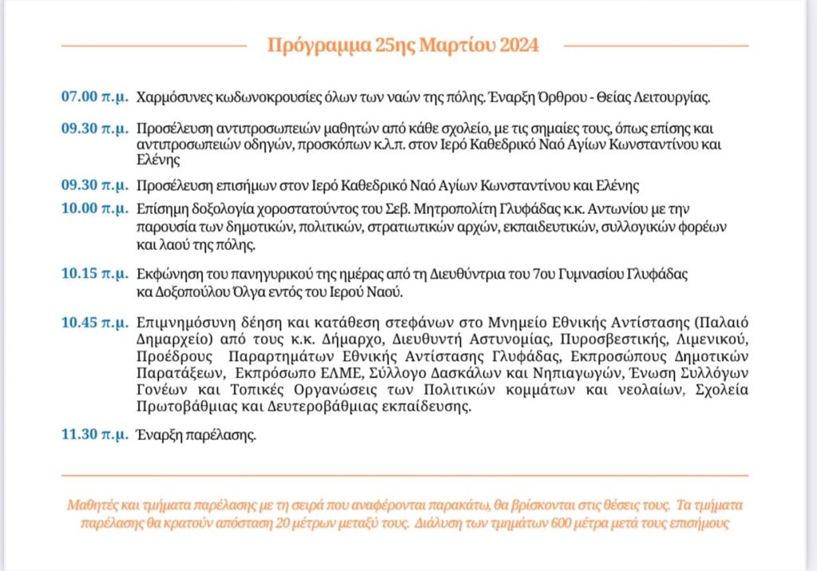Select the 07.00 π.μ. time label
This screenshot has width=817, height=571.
tap(94, 97)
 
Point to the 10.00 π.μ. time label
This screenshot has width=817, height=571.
tap(94, 210)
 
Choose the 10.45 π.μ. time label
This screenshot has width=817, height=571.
tap(94, 323)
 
